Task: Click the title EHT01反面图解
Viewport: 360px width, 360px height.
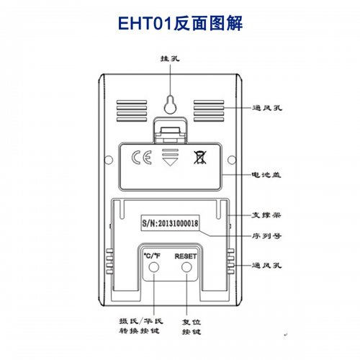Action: [x=180, y=24]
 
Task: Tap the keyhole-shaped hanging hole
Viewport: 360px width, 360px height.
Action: [x=170, y=105]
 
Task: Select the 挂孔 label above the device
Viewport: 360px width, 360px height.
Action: [x=170, y=58]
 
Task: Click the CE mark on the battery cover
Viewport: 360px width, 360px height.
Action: [x=142, y=158]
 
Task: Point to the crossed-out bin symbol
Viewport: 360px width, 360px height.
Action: [x=200, y=158]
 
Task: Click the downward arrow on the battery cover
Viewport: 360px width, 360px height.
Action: [x=170, y=157]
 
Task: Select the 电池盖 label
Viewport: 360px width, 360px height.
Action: [x=266, y=174]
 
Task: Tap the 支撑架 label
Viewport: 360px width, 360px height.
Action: [x=266, y=215]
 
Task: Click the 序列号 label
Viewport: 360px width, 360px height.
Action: [x=266, y=236]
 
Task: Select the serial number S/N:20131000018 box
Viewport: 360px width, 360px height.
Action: [x=170, y=223]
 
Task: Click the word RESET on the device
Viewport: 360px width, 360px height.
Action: [x=186, y=256]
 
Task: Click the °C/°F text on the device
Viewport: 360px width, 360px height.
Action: [x=152, y=256]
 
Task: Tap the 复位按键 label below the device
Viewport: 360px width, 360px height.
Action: [x=192, y=327]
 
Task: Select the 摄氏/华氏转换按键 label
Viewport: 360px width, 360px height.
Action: [x=141, y=325]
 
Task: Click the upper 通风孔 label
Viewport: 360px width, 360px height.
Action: [x=267, y=108]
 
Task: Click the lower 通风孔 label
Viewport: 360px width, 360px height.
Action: [x=266, y=265]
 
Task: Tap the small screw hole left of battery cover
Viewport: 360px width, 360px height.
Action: [x=109, y=160]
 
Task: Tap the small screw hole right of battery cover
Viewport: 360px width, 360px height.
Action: [x=232, y=160]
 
